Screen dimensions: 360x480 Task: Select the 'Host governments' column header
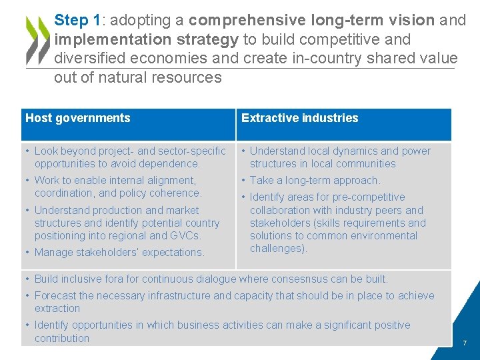78,118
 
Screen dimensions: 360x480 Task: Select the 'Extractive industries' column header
299,118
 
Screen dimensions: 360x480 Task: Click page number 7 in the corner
465,343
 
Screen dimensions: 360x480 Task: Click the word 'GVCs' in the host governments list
187,235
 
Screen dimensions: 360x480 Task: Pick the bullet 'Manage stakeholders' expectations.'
119,252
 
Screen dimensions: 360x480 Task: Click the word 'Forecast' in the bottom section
55,295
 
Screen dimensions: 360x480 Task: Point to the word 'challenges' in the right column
277,248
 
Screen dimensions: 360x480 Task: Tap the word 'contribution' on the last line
61,338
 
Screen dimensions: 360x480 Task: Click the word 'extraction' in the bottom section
57,308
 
